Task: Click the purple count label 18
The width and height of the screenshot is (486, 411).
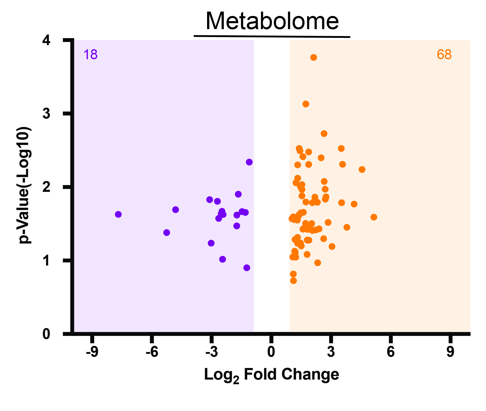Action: (90, 55)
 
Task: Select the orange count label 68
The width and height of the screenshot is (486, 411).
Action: (444, 55)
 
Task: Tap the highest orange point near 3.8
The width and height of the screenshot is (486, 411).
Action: (313, 57)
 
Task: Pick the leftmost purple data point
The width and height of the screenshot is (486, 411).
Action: (118, 214)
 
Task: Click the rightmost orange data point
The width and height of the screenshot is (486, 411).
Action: (374, 217)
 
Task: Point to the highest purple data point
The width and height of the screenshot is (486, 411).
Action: (249, 162)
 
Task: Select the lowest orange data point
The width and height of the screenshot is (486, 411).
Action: (293, 281)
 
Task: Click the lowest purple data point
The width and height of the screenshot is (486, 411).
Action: (247, 268)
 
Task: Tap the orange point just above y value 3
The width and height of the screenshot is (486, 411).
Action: (306, 104)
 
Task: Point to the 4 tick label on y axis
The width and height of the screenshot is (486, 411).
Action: (46, 40)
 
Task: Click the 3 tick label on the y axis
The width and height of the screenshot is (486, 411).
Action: (46, 113)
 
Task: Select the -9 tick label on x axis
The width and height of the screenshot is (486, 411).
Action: (92, 352)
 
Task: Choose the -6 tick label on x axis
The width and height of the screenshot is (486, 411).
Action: (152, 352)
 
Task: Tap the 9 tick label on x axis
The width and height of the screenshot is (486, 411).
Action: (450, 352)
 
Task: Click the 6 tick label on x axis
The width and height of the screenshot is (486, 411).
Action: (391, 352)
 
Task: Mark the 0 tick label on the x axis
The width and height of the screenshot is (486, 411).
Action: (271, 352)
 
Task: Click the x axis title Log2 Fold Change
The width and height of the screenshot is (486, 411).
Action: (271, 375)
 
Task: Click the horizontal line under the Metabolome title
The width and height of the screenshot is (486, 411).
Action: (272, 36)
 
